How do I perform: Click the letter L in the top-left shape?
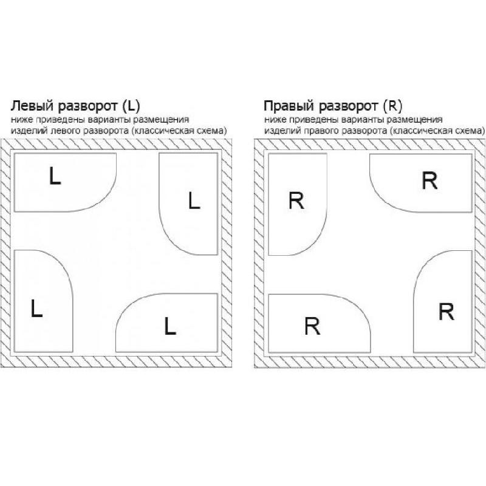coord(55,176)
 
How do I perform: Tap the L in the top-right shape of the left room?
coord(194,200)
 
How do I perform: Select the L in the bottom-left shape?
coord(36,308)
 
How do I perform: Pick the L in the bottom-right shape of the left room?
coord(170,326)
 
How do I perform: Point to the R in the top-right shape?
coord(430,180)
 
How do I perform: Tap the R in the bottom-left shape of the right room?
coord(312,326)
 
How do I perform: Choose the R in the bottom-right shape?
coord(447,312)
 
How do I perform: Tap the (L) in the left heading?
coord(131,106)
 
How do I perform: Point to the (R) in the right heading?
coord(392,106)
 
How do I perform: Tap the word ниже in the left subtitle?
coord(22,120)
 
